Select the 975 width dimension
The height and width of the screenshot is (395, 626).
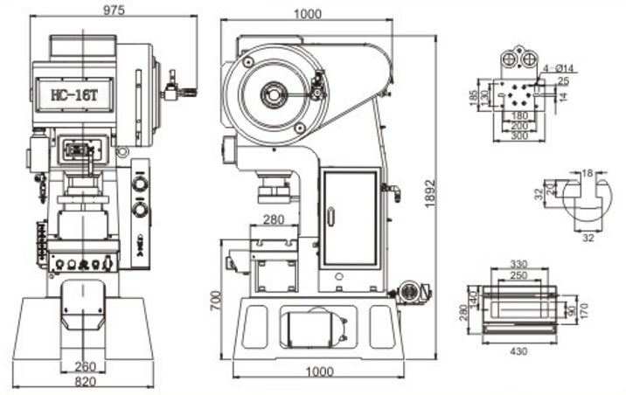[x=113, y=10]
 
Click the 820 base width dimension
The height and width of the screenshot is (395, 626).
[x=84, y=382]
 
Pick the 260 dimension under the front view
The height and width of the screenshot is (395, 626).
[x=84, y=366]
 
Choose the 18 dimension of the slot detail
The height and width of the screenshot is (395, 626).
[x=586, y=173]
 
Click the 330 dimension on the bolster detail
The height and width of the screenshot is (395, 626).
[x=518, y=262]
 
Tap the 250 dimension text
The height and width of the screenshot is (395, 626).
[x=518, y=274]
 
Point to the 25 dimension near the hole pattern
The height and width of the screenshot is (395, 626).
[x=562, y=81]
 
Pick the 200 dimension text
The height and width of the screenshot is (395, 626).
[x=519, y=126]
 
